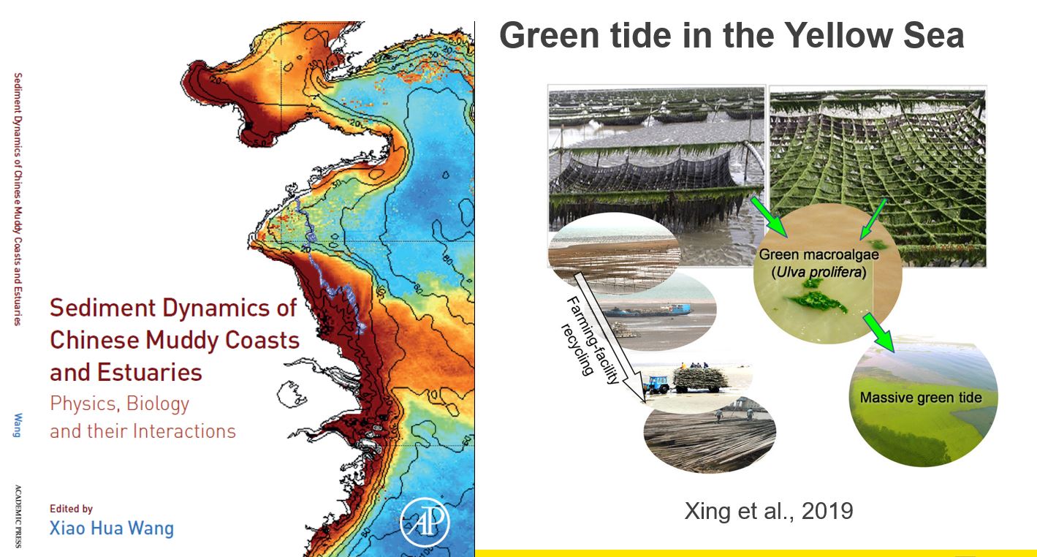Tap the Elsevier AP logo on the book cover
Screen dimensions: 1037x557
425,522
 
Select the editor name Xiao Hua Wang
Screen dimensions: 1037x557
112,528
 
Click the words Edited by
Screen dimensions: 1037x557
72,508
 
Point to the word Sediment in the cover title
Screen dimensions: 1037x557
102,308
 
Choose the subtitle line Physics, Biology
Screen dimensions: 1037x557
119,403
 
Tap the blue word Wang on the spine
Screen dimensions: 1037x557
17,425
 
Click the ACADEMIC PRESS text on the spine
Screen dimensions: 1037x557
18,516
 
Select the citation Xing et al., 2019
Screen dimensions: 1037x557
769,511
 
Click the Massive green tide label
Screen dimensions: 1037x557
921,397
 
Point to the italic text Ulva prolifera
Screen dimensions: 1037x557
818,271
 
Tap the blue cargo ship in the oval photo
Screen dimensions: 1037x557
647,310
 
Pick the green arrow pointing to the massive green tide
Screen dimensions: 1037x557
878,332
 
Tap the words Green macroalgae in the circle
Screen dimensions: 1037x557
818,254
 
